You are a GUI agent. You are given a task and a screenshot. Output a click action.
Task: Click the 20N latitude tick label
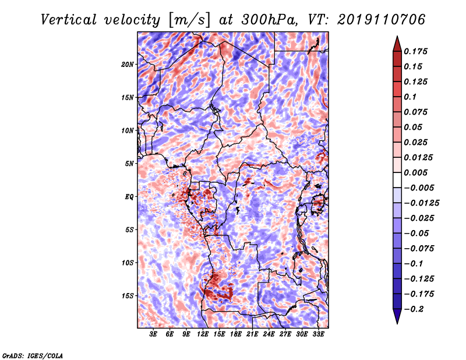coord(128,65)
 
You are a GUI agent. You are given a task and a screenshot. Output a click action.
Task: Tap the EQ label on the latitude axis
coord(129,197)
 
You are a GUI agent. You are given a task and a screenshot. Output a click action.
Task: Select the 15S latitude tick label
coord(128,296)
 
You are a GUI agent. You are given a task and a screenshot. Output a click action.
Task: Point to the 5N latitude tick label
coord(129,164)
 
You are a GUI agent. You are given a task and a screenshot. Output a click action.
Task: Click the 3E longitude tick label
coord(153,334)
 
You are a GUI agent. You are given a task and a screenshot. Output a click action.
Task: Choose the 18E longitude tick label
coord(236,334)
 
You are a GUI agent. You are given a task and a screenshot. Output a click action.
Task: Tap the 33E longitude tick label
coord(318,334)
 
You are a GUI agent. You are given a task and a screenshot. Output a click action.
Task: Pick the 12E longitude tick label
coord(203,334)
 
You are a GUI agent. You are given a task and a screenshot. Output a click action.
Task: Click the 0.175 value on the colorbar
coord(415,51)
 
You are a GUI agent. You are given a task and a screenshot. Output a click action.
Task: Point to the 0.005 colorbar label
coord(415,172)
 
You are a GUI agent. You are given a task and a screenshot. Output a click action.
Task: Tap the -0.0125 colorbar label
coord(421,203)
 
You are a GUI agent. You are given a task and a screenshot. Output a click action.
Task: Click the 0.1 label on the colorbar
coord(410,97)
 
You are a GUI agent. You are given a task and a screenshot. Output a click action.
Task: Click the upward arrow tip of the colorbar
coord(397,36)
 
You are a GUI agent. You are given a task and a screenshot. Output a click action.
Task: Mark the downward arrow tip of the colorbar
coord(397,324)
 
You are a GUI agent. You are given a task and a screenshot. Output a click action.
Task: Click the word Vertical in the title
coord(69,20)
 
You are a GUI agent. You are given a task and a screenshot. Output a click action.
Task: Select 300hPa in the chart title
coord(269,20)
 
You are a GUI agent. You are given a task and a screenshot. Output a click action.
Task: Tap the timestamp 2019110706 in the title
coord(382,20)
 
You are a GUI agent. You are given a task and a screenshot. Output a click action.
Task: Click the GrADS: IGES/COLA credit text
coord(33,355)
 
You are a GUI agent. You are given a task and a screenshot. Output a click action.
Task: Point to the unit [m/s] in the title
coord(189,20)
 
